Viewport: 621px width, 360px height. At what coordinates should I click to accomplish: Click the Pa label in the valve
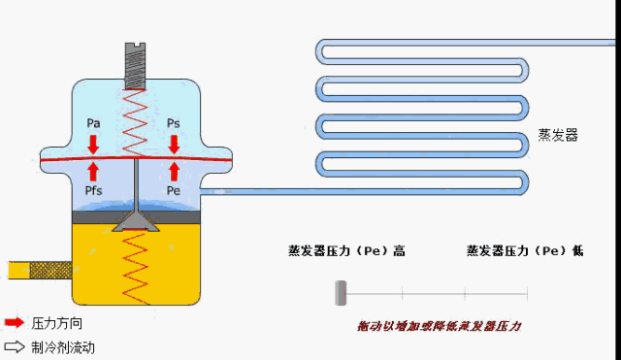(x=94, y=123)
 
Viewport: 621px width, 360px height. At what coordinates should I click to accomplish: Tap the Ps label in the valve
(x=174, y=123)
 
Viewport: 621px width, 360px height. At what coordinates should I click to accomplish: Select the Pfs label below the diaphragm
(x=94, y=191)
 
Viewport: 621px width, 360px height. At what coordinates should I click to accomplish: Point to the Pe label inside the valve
(x=174, y=191)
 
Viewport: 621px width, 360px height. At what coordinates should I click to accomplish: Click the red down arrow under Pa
(x=94, y=144)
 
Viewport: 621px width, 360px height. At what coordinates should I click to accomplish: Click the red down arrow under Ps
(x=174, y=144)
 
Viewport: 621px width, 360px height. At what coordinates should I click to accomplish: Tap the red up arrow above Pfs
(x=94, y=172)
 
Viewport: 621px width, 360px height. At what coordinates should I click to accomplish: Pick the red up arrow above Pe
(x=174, y=172)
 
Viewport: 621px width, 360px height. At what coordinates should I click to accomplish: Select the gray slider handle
(x=341, y=291)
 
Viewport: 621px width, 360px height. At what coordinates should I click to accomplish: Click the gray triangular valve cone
(x=135, y=221)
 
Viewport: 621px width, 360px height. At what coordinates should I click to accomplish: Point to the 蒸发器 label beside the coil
(x=558, y=136)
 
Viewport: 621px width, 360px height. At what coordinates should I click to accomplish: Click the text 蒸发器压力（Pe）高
(x=346, y=251)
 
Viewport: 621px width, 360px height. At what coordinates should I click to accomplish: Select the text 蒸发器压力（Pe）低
(x=525, y=251)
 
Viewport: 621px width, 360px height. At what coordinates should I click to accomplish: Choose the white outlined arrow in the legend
(x=15, y=345)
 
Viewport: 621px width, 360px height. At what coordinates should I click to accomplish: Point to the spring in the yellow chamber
(x=135, y=267)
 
